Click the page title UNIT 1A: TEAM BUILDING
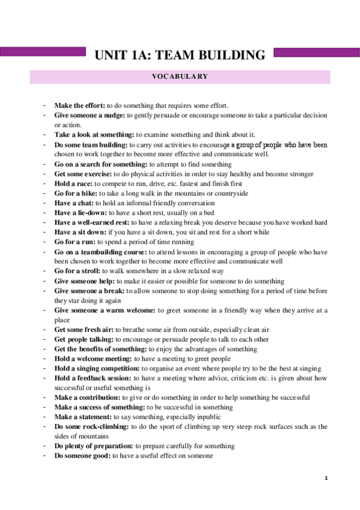[x=180, y=56]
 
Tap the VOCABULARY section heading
[x=180, y=77]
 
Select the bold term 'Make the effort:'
[x=80, y=105]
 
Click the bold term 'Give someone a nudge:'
[x=90, y=115]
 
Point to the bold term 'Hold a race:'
[x=73, y=183]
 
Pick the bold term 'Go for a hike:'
[x=76, y=193]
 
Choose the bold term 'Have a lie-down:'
[x=81, y=212]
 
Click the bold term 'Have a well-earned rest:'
[x=91, y=223]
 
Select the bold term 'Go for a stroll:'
[x=78, y=271]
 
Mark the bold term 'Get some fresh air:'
[x=84, y=330]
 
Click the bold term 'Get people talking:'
[x=84, y=339]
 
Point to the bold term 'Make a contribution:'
[x=87, y=398]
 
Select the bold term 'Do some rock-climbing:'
[x=91, y=426]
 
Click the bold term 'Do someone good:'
[x=81, y=456]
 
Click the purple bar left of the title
[x=44, y=53]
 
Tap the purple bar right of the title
[x=316, y=53]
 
